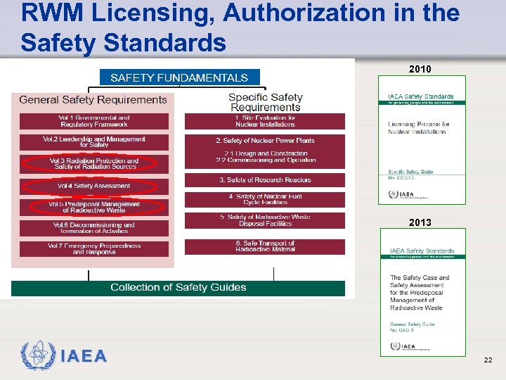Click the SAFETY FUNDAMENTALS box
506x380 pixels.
(179, 77)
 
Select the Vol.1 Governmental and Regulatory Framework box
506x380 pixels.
(94, 121)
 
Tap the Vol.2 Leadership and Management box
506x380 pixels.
(94, 141)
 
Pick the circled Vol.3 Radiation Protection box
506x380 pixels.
(94, 164)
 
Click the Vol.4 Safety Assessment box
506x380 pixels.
(94, 186)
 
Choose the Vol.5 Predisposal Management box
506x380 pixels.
(94, 208)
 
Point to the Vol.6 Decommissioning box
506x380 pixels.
(94, 228)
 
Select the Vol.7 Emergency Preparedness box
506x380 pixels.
(94, 249)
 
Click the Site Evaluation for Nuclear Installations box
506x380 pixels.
(265, 121)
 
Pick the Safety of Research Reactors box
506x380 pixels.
(265, 180)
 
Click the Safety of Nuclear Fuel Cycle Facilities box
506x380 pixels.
(265, 200)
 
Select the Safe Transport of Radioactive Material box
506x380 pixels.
(265, 246)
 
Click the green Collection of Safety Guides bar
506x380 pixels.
(179, 288)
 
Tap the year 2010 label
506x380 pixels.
(420, 70)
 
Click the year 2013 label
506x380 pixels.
(420, 223)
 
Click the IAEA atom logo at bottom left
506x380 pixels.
(37, 356)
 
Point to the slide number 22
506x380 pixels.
(488, 360)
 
